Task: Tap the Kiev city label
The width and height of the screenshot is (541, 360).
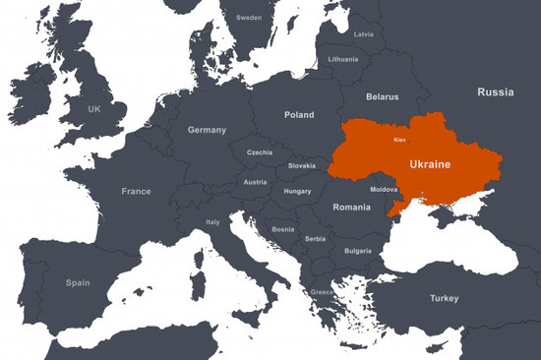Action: [399, 142]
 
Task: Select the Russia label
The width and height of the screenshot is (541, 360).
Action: [495, 92]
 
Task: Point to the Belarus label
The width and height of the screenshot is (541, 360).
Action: [382, 96]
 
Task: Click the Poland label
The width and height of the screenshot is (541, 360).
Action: [299, 115]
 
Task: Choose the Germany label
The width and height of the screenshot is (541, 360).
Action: [207, 130]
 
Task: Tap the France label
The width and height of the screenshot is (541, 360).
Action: [136, 191]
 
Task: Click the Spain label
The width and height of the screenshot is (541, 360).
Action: [78, 282]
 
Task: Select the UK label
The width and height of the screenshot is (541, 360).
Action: [94, 109]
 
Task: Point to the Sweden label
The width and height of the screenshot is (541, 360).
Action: [249, 18]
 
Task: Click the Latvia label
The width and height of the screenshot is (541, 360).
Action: [363, 34]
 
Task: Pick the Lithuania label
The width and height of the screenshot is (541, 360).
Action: [343, 59]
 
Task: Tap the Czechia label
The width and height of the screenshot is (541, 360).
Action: [260, 152]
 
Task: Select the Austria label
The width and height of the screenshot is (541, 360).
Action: [255, 182]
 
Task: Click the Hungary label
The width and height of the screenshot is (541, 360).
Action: [297, 191]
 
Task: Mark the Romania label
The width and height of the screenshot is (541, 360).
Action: [351, 208]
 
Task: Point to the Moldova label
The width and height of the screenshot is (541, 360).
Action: [384, 189]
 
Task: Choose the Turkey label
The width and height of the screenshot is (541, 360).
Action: [444, 298]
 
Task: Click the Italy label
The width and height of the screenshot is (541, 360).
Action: [213, 222]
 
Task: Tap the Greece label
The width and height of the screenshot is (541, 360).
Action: [322, 292]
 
